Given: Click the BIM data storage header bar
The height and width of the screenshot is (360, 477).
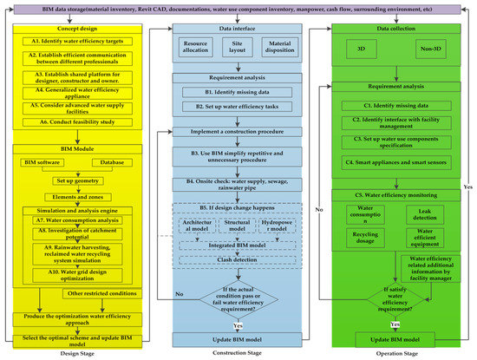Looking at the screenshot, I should pyautogui.click(x=238, y=7).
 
